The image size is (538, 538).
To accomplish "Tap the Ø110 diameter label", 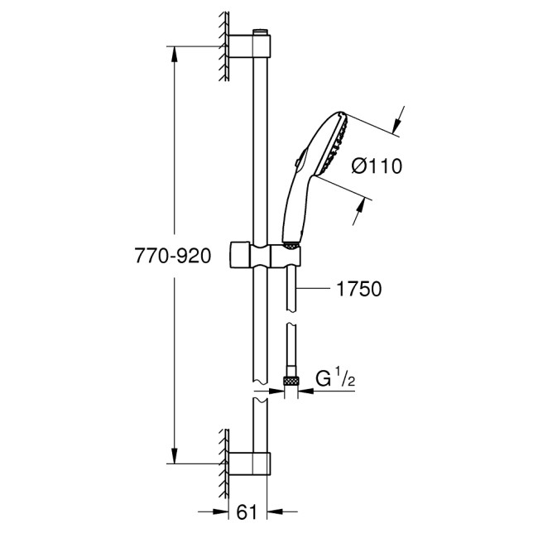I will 376,166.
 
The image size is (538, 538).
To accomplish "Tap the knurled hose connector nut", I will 290,381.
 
